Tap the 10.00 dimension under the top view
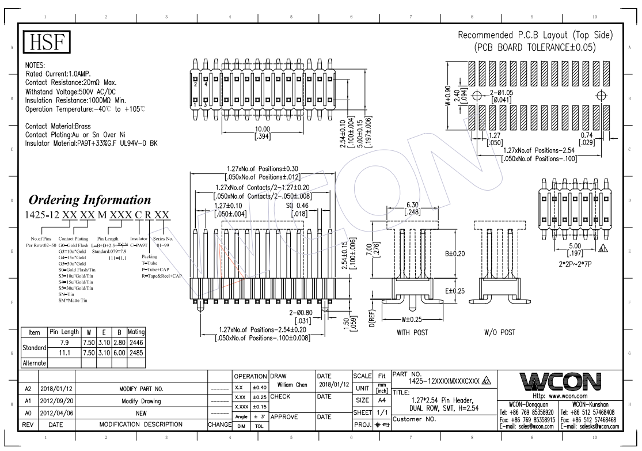[263, 128]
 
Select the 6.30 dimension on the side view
[412, 204]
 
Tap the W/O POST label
[500, 332]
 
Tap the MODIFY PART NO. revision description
[141, 388]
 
